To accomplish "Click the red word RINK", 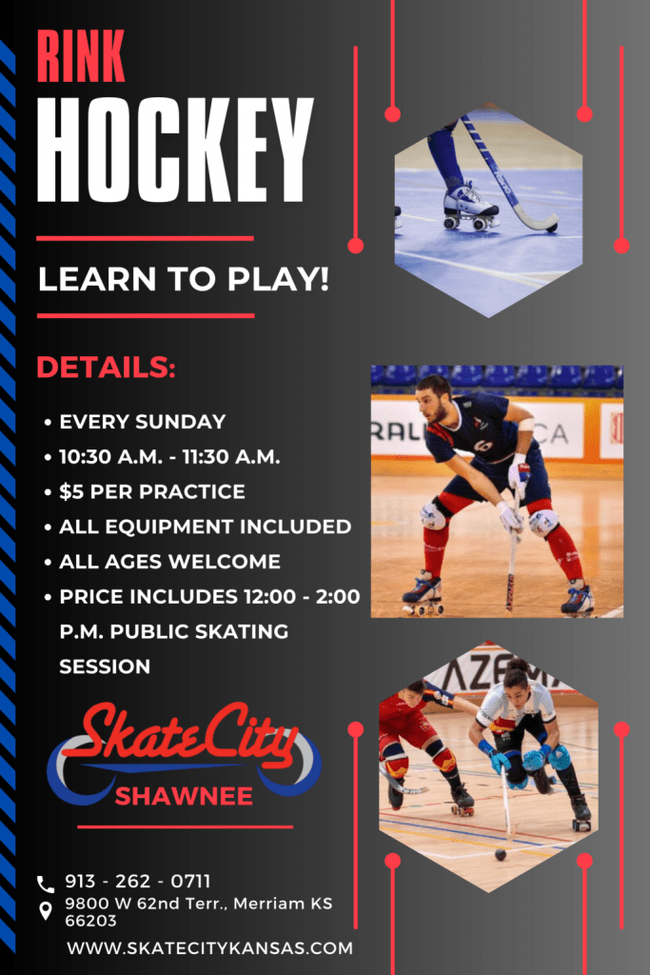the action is pyautogui.click(x=81, y=56).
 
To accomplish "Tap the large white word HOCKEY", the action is pyautogui.click(x=175, y=149).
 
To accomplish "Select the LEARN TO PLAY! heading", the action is pyautogui.click(x=184, y=279).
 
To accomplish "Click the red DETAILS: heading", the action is pyautogui.click(x=107, y=367).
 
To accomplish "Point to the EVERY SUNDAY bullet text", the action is pyautogui.click(x=143, y=422).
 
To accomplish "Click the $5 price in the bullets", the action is pyautogui.click(x=70, y=492).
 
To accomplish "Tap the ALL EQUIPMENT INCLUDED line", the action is pyautogui.click(x=205, y=527).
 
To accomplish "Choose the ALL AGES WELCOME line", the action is pyautogui.click(x=169, y=562).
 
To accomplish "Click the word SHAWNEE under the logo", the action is pyautogui.click(x=184, y=796).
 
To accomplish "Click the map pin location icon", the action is pyautogui.click(x=46, y=911).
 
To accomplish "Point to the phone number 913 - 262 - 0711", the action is pyautogui.click(x=138, y=881).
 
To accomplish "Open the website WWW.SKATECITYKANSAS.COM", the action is pyautogui.click(x=210, y=948).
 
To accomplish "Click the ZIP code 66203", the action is pyautogui.click(x=90, y=921).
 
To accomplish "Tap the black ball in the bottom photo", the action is pyautogui.click(x=501, y=855).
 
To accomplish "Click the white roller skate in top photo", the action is pyautogui.click(x=470, y=207).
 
